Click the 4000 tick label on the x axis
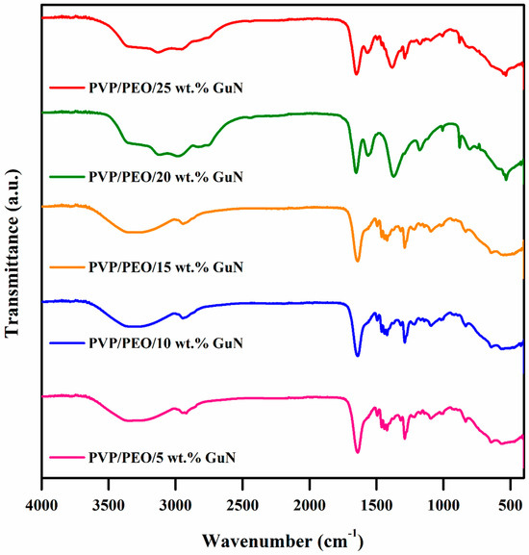coord(41,505)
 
